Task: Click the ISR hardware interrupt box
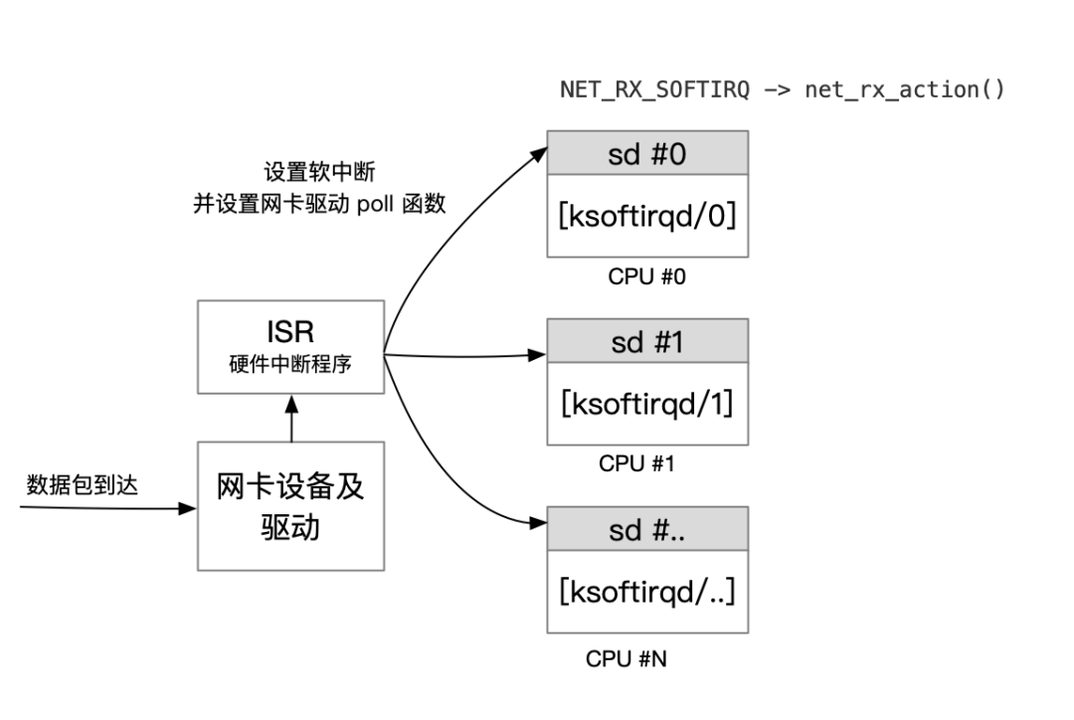coord(290,347)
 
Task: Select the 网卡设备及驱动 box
coord(290,505)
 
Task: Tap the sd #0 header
coord(647,154)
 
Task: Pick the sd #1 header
coord(647,342)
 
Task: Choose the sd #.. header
coord(647,530)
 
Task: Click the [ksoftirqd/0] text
coord(647,216)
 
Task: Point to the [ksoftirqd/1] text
coord(647,404)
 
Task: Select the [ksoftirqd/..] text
coord(647,592)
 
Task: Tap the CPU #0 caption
coord(647,276)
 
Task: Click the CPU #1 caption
coord(636,463)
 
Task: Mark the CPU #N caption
coord(626,658)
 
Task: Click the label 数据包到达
coord(82,485)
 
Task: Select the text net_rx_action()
coord(904,90)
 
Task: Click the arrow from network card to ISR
coord(290,418)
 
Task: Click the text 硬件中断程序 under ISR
coord(290,364)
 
